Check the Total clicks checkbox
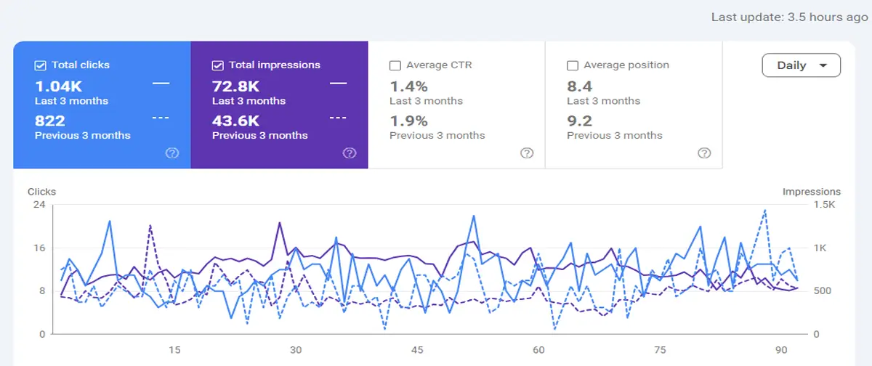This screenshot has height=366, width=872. (x=41, y=65)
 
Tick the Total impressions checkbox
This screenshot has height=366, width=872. (x=217, y=65)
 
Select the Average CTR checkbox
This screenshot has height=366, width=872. (x=395, y=65)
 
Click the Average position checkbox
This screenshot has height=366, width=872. (x=572, y=65)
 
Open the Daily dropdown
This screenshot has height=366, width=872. (x=801, y=65)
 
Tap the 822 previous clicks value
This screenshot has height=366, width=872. (x=50, y=121)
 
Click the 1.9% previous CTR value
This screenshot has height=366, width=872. (x=408, y=121)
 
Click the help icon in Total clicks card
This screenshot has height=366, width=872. (x=172, y=153)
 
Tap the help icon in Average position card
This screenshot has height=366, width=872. (x=704, y=153)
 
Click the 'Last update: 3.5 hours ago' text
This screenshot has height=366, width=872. (x=789, y=17)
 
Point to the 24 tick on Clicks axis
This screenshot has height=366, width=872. (x=39, y=205)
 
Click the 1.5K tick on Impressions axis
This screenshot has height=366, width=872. (x=825, y=205)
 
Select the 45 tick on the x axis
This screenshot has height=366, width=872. (x=417, y=350)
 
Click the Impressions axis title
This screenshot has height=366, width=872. (x=811, y=192)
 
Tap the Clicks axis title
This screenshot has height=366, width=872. (x=41, y=192)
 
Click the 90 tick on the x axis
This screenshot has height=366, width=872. (x=780, y=350)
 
